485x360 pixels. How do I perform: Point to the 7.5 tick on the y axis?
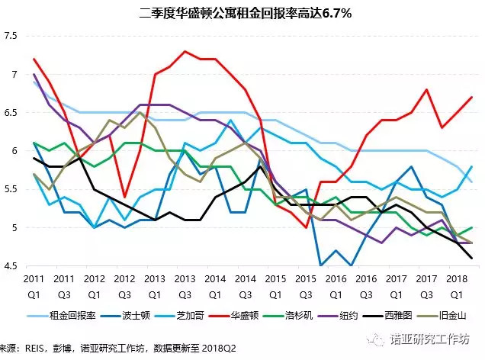[10, 36]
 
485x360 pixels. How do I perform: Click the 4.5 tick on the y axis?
[10, 266]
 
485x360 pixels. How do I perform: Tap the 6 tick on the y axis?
[14, 151]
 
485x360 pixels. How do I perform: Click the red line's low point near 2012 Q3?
[125, 197]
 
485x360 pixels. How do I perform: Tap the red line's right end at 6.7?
[471, 97]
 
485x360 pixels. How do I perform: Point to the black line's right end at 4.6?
[471, 258]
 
